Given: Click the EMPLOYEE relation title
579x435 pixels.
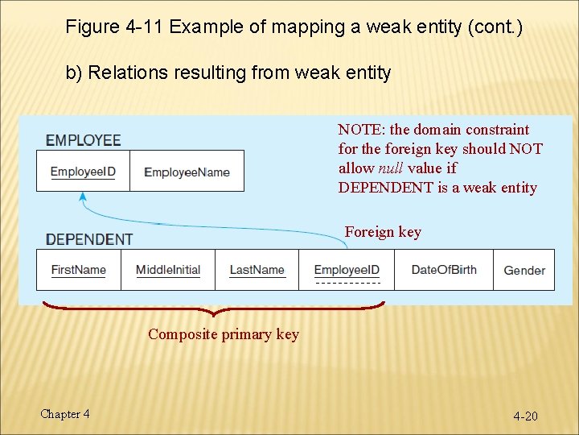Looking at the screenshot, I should pyautogui.click(x=84, y=140).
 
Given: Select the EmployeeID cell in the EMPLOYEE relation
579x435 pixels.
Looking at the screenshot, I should pyautogui.click(x=83, y=172).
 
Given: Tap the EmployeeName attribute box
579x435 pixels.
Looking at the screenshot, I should pyautogui.click(x=187, y=172).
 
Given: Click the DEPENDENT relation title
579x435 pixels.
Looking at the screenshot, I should pyautogui.click(x=89, y=239).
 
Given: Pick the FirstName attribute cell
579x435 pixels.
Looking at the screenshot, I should pyautogui.click(x=79, y=270).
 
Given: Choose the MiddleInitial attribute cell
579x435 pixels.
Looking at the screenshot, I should pyautogui.click(x=167, y=270).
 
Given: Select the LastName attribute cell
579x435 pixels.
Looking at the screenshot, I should pyautogui.click(x=257, y=270).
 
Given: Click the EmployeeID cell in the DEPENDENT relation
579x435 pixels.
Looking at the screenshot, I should pyautogui.click(x=347, y=270).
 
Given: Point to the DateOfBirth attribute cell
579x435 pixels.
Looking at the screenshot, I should pyautogui.click(x=443, y=270).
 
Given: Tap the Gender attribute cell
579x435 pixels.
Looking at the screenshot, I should pyautogui.click(x=524, y=270).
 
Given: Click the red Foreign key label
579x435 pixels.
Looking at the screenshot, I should pyautogui.click(x=383, y=232).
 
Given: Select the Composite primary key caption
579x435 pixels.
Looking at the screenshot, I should pyautogui.click(x=223, y=334).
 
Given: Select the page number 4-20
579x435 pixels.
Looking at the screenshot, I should pyautogui.click(x=526, y=416).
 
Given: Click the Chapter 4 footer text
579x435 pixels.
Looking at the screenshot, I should pyautogui.click(x=65, y=414).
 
